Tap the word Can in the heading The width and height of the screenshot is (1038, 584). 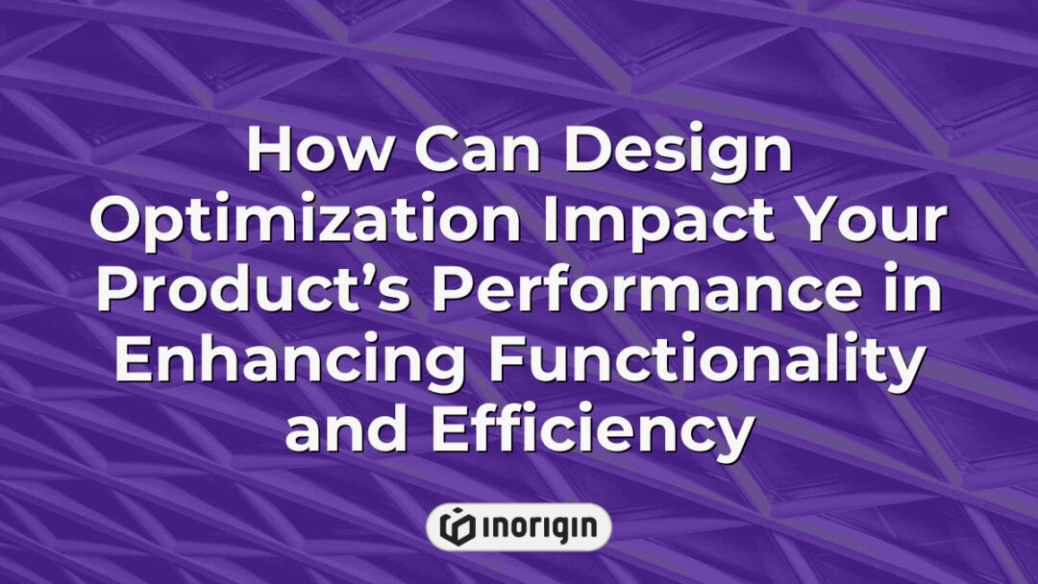click(x=456, y=152)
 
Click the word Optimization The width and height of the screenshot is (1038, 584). click(x=294, y=224)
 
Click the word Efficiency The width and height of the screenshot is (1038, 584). click(x=590, y=431)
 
